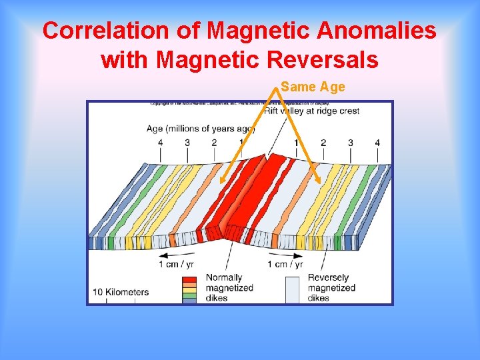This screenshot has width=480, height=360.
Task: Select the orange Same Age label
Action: pos(313,87)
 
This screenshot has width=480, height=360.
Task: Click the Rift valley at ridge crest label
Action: pos(311,111)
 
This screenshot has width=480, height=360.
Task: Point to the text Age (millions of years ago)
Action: pos(200,128)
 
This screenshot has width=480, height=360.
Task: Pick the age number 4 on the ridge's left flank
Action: pos(160,143)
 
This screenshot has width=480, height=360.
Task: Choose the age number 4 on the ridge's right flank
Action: pos(377,143)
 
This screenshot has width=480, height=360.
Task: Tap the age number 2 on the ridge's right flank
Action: pos(323,143)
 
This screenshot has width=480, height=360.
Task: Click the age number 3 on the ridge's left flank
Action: pos(187,143)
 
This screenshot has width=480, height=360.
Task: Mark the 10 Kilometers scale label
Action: pos(121,292)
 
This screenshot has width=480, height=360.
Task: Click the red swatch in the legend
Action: pos(189,280)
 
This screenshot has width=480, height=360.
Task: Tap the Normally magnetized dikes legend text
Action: pos(229,288)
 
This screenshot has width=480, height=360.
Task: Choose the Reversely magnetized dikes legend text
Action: pos(331,288)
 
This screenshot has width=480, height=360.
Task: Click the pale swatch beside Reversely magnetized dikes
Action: pos(291,289)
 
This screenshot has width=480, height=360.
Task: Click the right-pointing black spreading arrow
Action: pos(288,254)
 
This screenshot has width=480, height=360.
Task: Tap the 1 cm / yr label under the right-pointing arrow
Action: pos(288,265)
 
